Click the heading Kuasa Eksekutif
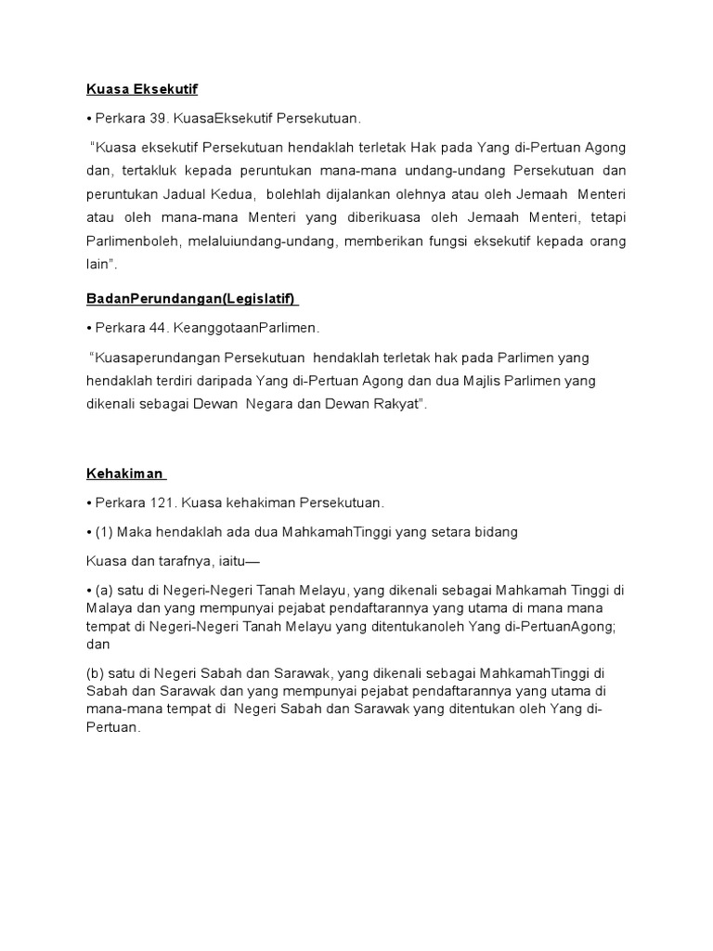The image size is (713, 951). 142,89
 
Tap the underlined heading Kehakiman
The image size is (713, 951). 124,473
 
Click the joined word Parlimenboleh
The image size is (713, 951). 130,241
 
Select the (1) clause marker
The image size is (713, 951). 105,532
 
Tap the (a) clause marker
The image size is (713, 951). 105,591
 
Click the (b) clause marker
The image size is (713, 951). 96,672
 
